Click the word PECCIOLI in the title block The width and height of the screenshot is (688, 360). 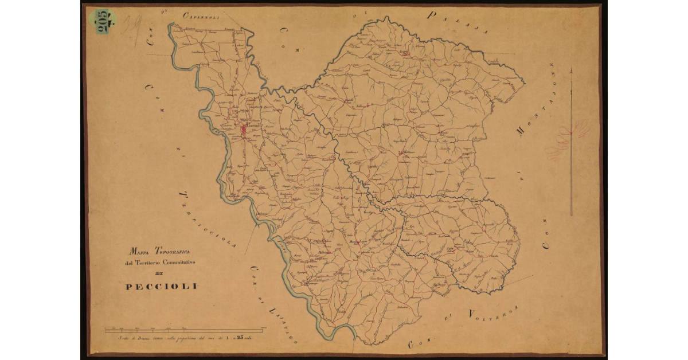pyautogui.click(x=161, y=286)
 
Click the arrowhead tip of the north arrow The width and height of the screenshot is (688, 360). pyautogui.click(x=571, y=69)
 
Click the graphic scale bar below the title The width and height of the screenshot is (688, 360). pyautogui.click(x=183, y=330)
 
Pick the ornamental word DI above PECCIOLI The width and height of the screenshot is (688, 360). pyautogui.click(x=160, y=273)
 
